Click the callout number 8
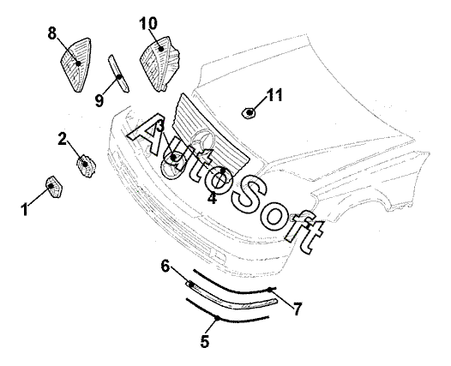point(52,33)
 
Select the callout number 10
point(148,24)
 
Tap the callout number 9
point(99,100)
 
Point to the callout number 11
point(274,95)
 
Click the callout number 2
point(62,138)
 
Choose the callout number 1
point(25,209)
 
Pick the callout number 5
point(205,341)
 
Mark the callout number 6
point(165,266)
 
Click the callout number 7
point(298,309)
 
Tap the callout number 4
point(212,198)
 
